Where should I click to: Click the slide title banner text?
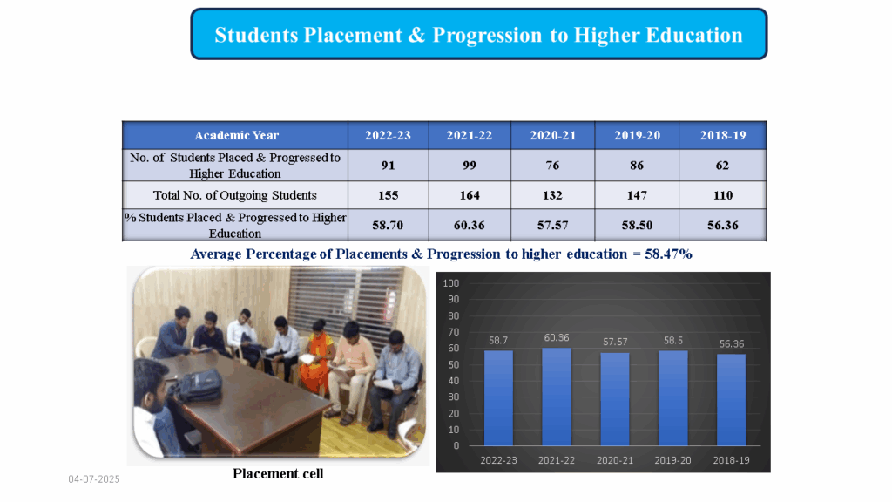(478, 35)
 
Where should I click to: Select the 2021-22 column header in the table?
(470, 135)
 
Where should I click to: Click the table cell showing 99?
(470, 165)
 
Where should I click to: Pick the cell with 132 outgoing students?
(552, 195)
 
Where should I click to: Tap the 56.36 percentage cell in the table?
(722, 225)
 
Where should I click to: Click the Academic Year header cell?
(236, 135)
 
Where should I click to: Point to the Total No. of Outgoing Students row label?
(235, 195)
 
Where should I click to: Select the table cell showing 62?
(722, 165)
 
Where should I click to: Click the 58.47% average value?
(668, 254)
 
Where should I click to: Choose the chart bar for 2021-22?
(557, 397)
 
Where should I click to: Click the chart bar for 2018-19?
(731, 399)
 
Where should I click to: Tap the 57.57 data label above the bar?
(615, 342)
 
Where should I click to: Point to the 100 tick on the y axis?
(451, 283)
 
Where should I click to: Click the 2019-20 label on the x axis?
(672, 460)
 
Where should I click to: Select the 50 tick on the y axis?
(453, 364)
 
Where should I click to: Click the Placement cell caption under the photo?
(278, 473)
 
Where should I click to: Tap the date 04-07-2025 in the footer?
(94, 479)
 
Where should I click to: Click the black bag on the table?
(197, 385)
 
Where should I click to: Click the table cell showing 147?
(637, 195)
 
